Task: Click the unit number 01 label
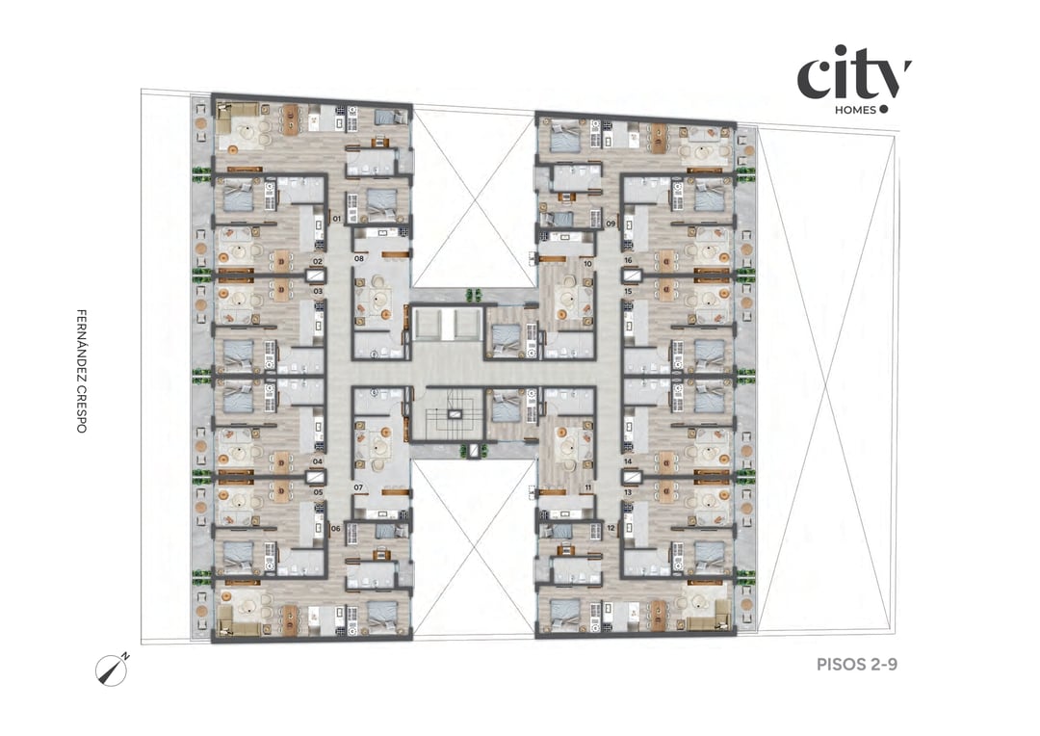[x=337, y=220]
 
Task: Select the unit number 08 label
[x=358, y=259]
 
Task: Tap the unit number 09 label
[x=611, y=223]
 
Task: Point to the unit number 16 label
[x=627, y=261]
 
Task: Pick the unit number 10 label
[x=587, y=263]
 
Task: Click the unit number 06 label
[x=335, y=528]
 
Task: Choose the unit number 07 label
[x=358, y=487]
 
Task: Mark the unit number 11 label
[x=587, y=487]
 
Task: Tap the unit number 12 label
[x=611, y=528]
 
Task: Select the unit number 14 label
[x=627, y=461]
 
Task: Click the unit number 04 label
[x=317, y=461]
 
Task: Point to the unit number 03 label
[x=317, y=290]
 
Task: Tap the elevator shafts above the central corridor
[x=449, y=326]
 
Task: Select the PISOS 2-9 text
[x=856, y=664]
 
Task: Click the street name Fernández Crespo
[x=82, y=370]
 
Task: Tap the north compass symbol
[x=112, y=669]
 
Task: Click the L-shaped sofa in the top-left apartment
[x=231, y=120]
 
